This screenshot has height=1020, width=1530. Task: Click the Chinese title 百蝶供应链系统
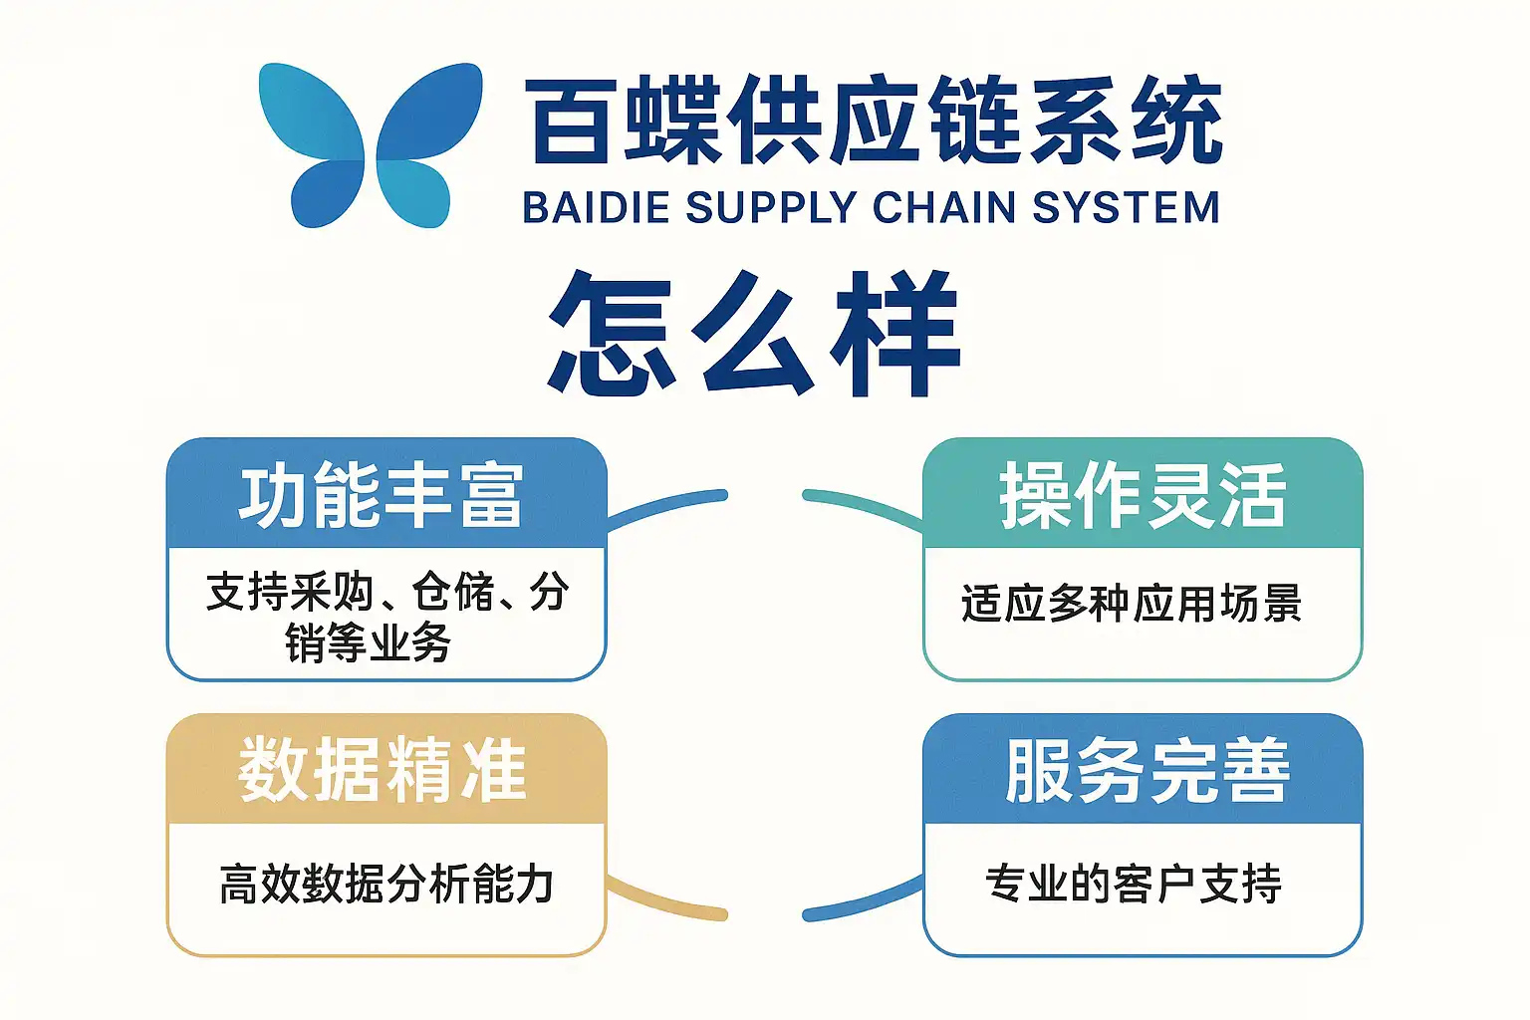coord(874,121)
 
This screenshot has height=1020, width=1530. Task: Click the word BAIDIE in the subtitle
coord(595,208)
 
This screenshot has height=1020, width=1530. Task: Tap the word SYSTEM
coord(1126,208)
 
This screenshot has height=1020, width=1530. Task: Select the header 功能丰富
coord(382,495)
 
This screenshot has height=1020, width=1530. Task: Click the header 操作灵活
coord(1143,495)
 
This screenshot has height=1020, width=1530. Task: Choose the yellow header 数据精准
coord(382,770)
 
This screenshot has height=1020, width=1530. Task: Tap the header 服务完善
coord(1147,770)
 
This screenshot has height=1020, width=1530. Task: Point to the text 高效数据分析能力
coord(386,884)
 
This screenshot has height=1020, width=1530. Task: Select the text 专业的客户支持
coord(1134,884)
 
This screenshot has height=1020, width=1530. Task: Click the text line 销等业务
coord(369,642)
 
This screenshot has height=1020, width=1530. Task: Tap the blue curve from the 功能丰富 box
coord(667,506)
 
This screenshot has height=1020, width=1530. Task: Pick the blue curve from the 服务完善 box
coord(862,902)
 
